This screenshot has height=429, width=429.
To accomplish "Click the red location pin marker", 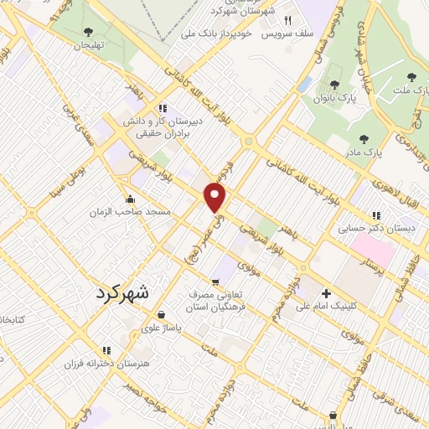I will click(x=215, y=198).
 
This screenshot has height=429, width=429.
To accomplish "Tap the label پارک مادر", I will click(x=363, y=152).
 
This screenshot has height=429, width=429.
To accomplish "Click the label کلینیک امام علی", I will click(x=326, y=307).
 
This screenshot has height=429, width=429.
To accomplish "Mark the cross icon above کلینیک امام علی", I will click(x=326, y=293).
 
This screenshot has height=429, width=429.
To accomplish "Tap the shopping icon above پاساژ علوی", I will click(x=159, y=315).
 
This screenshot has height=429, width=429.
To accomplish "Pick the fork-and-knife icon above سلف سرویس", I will click(x=287, y=20).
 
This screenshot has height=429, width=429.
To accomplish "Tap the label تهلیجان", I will click(x=88, y=47).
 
